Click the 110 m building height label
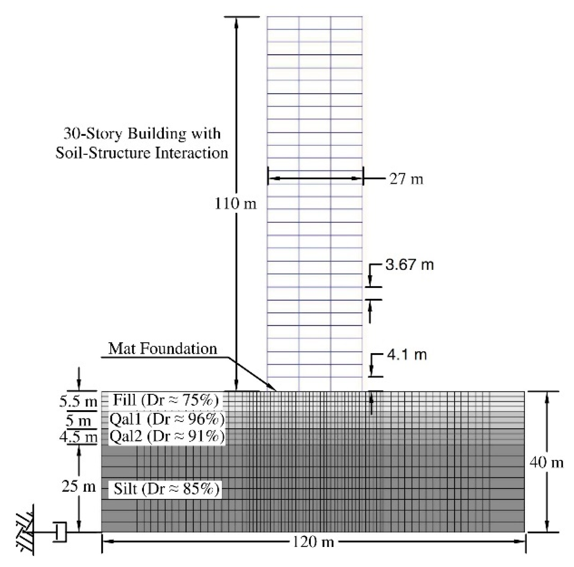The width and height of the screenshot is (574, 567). (x=235, y=204)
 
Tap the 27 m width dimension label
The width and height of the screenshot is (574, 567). (x=406, y=179)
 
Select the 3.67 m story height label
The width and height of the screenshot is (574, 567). (x=409, y=264)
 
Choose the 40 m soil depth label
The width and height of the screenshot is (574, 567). (x=546, y=462)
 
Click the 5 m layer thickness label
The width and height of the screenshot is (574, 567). (x=78, y=420)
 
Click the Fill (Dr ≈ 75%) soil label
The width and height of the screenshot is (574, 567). (x=165, y=400)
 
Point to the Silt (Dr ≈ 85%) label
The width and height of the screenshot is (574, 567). (x=166, y=488)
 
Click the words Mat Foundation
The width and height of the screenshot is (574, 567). (x=162, y=349)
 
